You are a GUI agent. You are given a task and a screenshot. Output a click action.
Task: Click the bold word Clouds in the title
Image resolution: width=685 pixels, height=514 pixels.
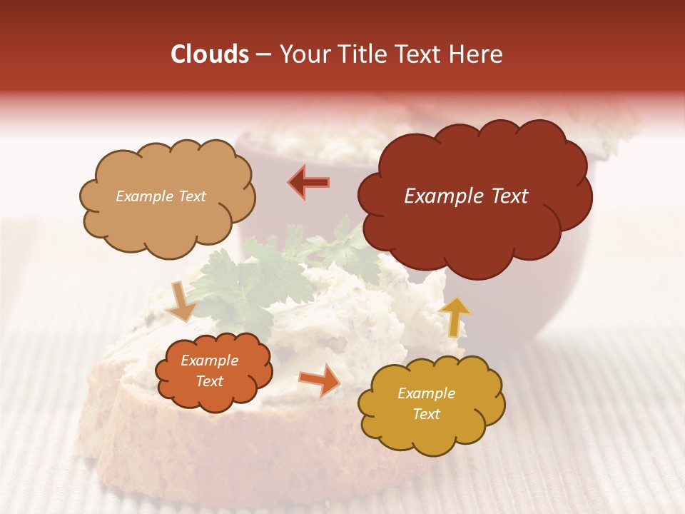[210, 54]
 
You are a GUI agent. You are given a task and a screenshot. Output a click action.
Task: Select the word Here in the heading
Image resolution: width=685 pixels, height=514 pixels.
[475, 54]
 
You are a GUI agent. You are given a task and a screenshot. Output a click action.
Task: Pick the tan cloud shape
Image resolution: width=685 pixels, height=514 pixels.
[167, 196]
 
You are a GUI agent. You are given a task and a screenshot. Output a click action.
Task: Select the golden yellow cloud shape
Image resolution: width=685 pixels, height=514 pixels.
[430, 404]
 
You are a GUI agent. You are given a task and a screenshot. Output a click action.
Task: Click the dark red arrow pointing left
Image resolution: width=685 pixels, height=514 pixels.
[309, 182]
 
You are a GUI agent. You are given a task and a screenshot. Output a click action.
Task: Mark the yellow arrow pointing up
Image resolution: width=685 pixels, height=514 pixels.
[454, 316]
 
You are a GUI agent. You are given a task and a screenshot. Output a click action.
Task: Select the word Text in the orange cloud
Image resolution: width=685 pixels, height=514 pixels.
[210, 381]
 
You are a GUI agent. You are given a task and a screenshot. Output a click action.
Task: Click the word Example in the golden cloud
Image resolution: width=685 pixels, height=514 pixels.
[426, 393]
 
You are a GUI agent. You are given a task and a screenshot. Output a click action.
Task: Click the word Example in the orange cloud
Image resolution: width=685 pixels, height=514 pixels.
[210, 361]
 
